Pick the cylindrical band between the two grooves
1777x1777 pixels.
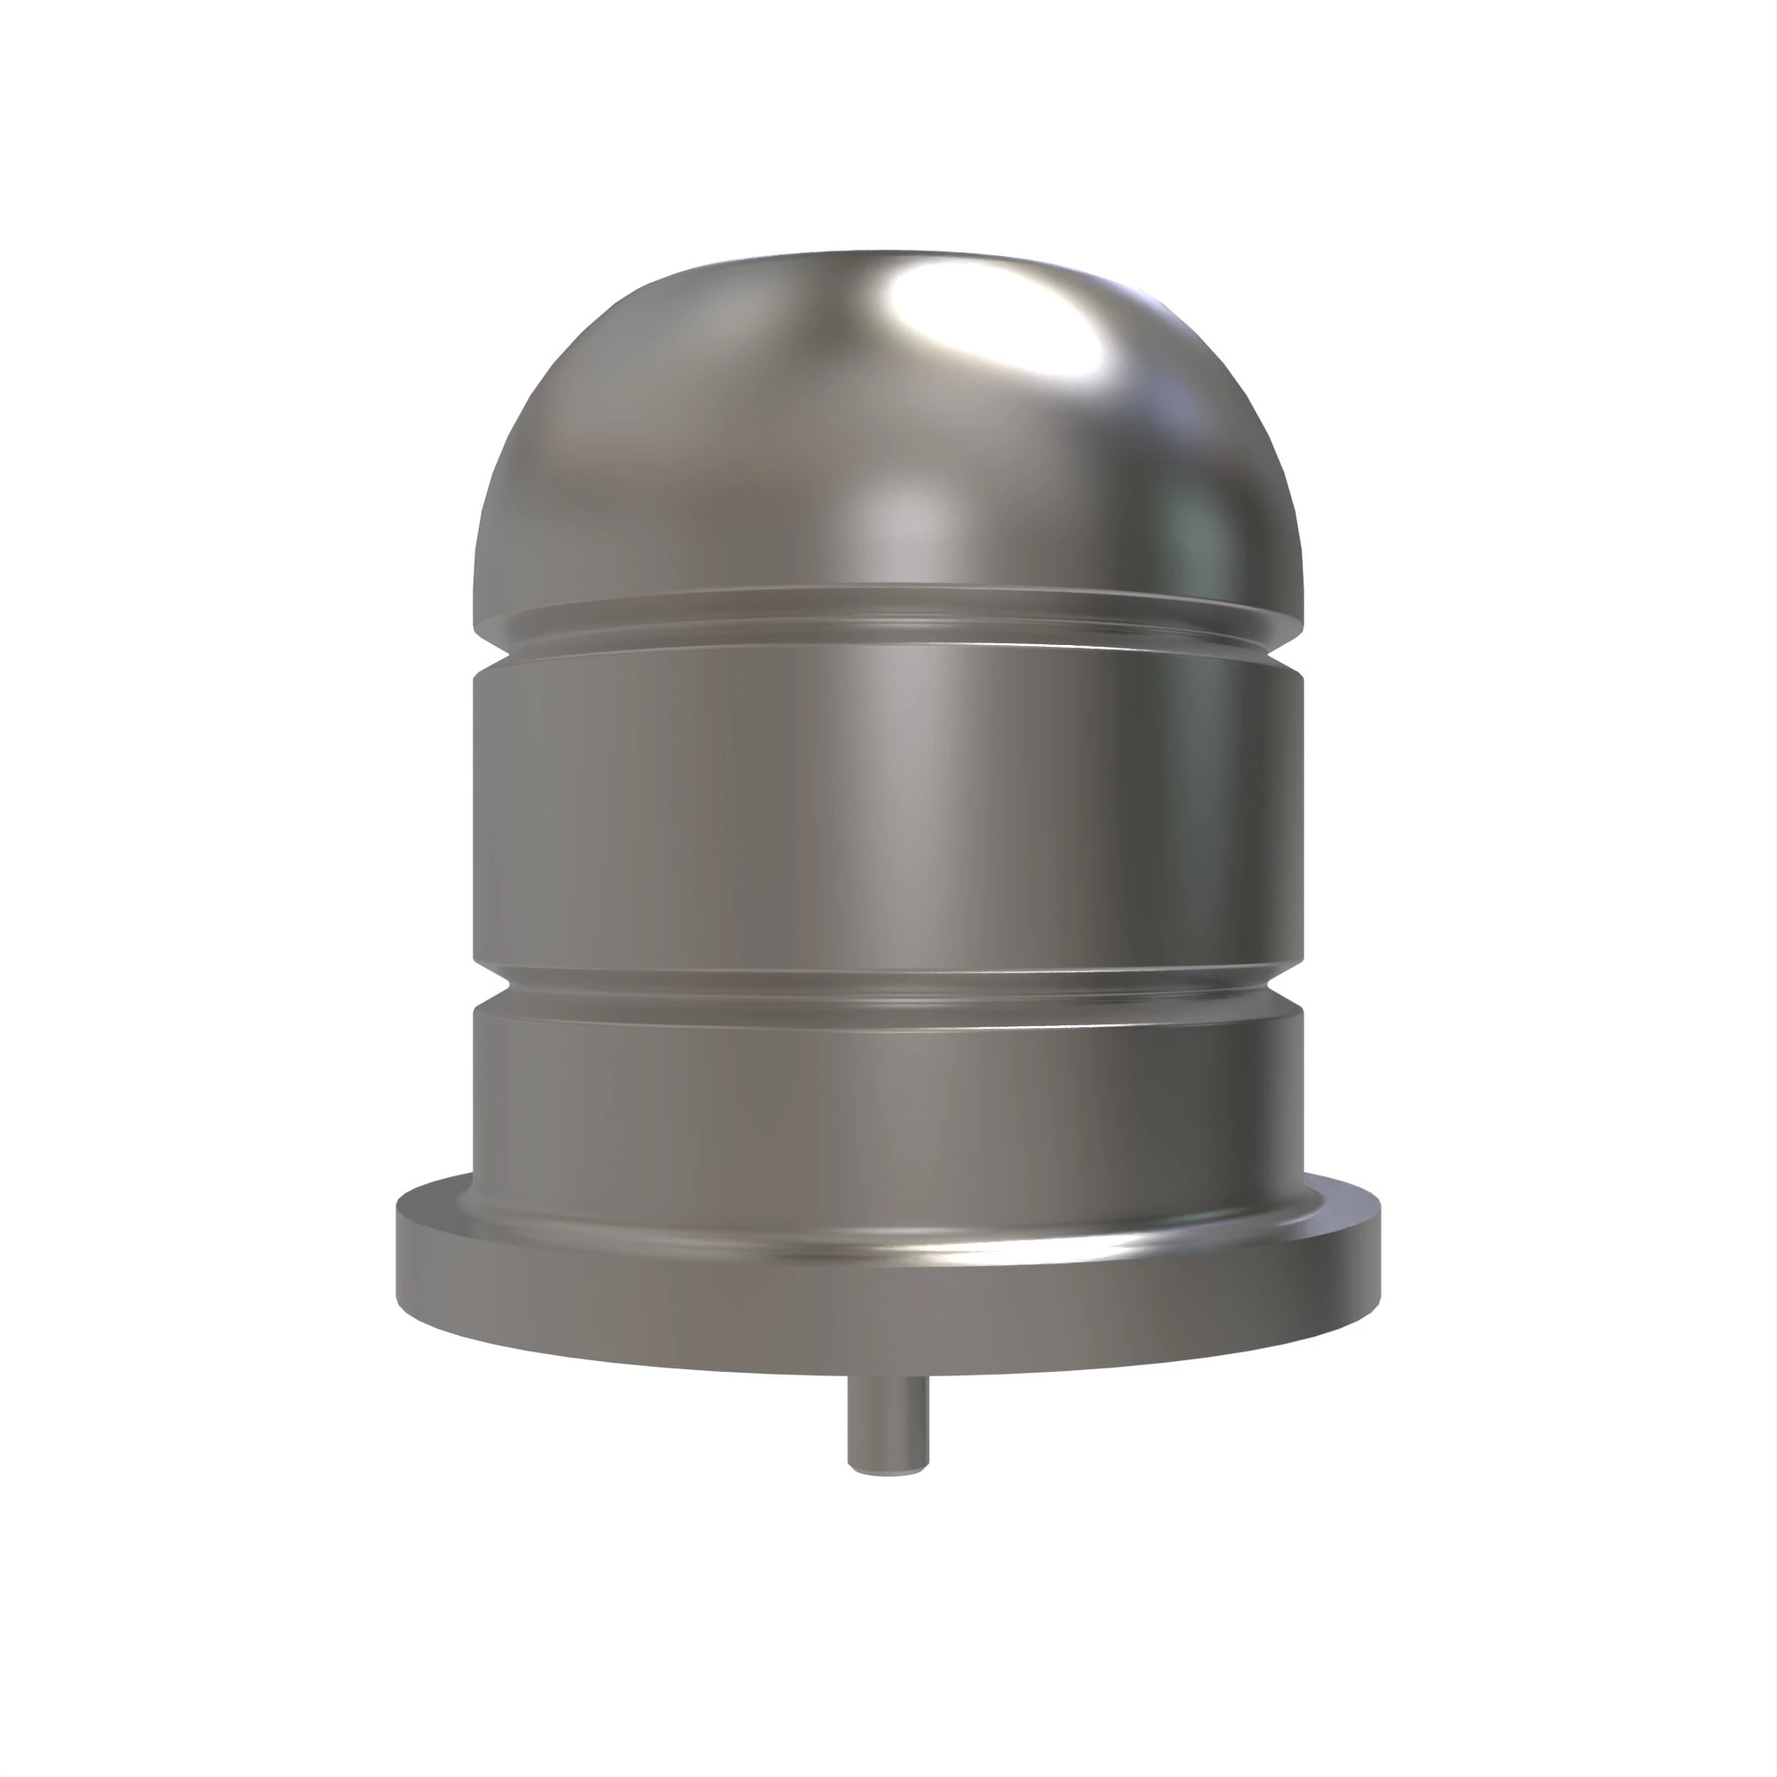click(x=888, y=818)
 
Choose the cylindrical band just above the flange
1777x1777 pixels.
click(x=888, y=1104)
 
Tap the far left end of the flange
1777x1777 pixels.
click(x=399, y=1251)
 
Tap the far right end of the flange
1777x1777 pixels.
click(x=1379, y=1251)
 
